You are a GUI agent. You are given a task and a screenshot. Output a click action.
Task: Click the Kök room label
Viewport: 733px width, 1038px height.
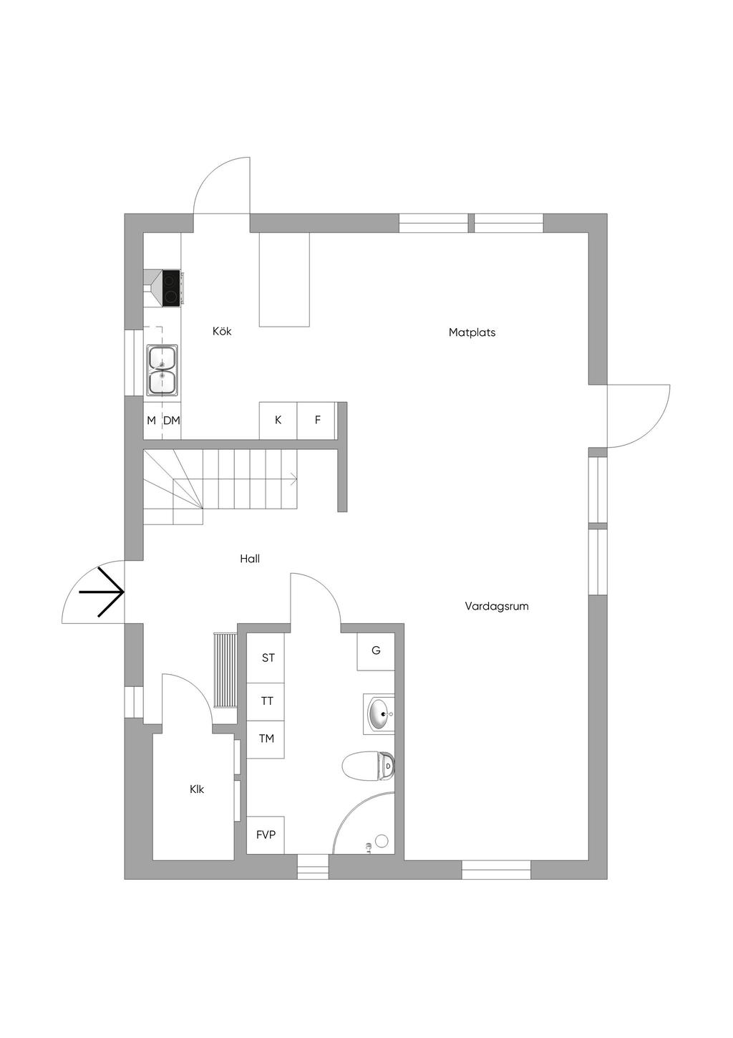(x=222, y=332)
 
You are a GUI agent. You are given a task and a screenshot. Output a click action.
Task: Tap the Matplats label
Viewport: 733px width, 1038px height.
(x=472, y=332)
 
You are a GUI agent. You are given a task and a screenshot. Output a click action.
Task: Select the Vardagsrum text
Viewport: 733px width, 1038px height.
(x=497, y=606)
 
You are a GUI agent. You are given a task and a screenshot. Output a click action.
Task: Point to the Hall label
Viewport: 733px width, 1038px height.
(x=250, y=559)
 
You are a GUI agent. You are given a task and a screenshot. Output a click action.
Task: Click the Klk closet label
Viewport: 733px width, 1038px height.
(x=197, y=789)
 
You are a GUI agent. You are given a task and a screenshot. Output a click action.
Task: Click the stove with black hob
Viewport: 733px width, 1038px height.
(x=171, y=288)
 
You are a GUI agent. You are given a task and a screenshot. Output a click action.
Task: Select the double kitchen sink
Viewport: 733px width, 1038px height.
(x=162, y=370)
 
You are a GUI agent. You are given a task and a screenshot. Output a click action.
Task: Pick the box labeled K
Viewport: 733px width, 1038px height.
(x=278, y=421)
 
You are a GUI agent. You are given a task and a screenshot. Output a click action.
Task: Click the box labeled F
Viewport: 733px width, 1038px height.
(x=317, y=421)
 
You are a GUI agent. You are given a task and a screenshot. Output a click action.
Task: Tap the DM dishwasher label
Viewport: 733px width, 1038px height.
(x=172, y=421)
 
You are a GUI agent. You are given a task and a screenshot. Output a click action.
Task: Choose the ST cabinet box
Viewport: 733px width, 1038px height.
(x=268, y=658)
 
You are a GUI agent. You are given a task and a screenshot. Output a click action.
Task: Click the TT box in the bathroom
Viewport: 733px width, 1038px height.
(x=267, y=701)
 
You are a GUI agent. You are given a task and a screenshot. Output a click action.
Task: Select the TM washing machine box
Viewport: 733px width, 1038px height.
(x=266, y=739)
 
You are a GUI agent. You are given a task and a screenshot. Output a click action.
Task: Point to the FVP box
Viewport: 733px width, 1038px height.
(x=266, y=835)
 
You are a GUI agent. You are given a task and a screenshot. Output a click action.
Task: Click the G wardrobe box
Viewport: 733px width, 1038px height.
(x=376, y=651)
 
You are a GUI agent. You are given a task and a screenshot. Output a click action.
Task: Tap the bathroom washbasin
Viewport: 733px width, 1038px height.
(x=379, y=713)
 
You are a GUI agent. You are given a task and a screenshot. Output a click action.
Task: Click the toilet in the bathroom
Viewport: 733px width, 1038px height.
(x=366, y=767)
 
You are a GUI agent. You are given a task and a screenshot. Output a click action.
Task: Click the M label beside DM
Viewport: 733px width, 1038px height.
(x=151, y=421)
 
